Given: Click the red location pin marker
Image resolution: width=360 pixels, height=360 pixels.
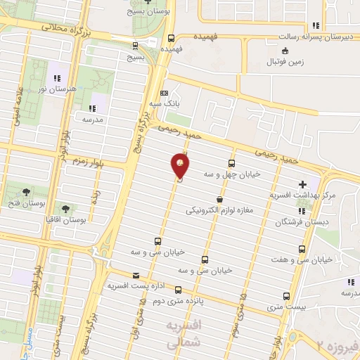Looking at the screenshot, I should (x=181, y=166).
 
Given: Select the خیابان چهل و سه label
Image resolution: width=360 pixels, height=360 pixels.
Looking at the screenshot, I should (x=233, y=172).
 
